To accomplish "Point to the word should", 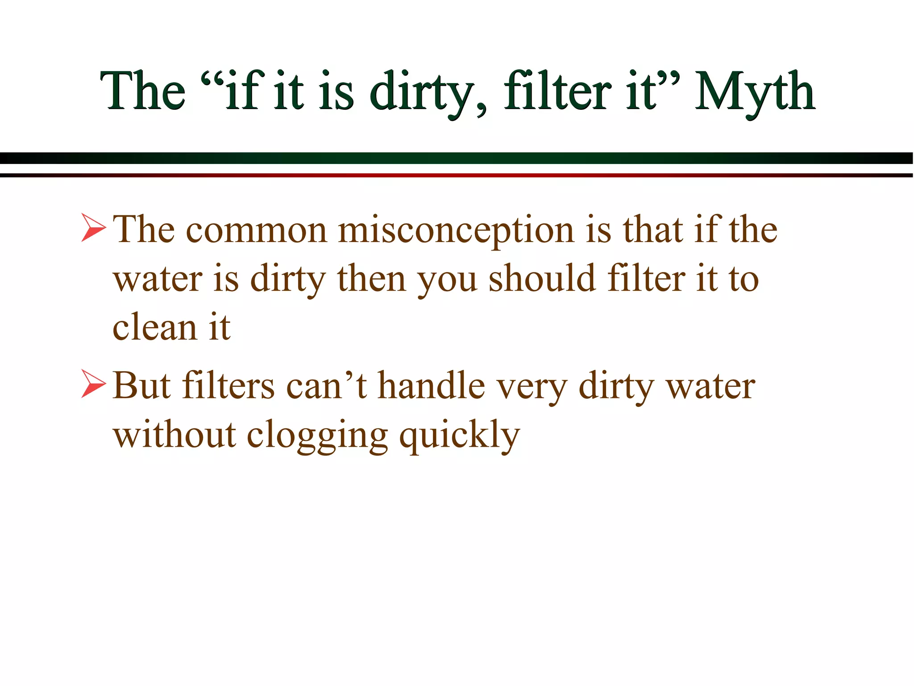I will (542, 279).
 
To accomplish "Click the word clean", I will (154, 327).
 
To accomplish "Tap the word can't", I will (326, 385).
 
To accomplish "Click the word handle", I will (431, 385).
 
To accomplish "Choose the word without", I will (174, 435).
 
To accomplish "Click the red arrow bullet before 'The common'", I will (93, 228).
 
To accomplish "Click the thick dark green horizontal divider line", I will (457, 158).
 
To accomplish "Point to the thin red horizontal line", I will (457, 175).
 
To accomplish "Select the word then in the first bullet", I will (371, 279).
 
